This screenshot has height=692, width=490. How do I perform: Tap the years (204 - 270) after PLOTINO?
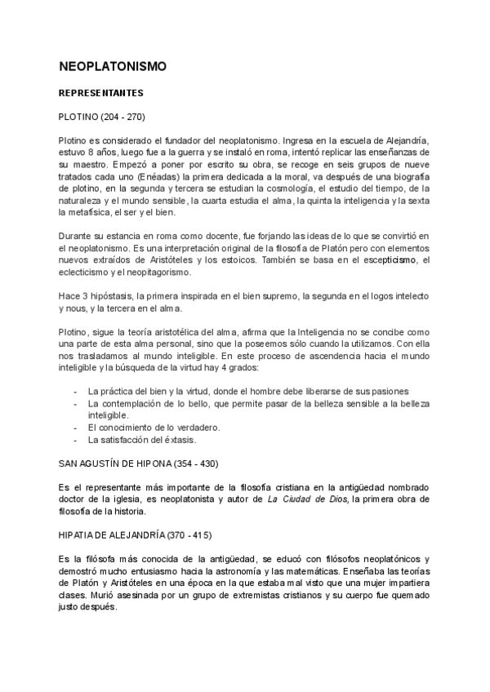pos(124,117)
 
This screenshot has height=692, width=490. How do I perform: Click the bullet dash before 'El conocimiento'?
pos(75,428)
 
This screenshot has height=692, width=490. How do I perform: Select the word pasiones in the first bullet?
pos(389,392)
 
